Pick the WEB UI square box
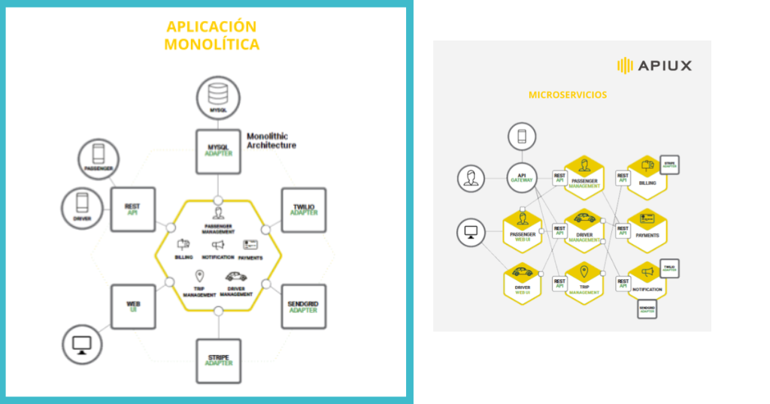pos(133,306)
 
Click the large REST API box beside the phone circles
pos(133,209)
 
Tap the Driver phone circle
pos(82,207)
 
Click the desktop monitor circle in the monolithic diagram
pos(82,345)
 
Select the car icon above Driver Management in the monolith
pos(235,276)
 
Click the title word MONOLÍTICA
pos(211,44)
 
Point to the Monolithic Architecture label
pos(271,140)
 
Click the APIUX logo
pos(653,65)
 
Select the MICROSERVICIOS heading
pos(568,95)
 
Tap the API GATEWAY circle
pos(521,178)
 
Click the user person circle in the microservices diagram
pos(471,179)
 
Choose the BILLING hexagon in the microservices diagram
pos(647,177)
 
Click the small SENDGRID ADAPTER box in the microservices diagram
pos(647,309)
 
